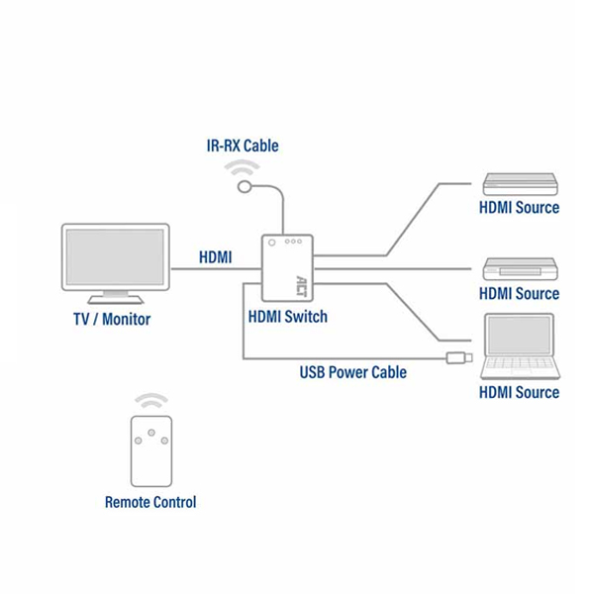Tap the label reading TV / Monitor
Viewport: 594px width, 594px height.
(112, 320)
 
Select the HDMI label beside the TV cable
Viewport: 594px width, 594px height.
(215, 257)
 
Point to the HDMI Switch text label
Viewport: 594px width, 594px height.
(287, 317)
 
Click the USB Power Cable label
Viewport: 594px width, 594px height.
(353, 373)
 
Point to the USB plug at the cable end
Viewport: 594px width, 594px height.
(459, 357)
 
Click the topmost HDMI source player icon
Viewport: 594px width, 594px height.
(520, 184)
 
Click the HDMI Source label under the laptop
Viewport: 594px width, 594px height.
(519, 392)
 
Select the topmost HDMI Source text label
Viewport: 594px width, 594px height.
(519, 208)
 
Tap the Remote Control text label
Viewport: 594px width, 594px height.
(150, 502)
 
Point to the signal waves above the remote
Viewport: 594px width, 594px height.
(151, 401)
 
